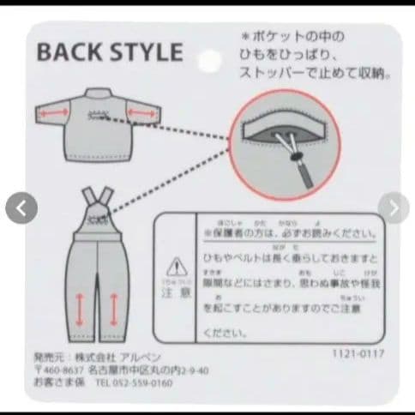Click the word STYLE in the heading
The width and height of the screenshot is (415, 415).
pos(147,52)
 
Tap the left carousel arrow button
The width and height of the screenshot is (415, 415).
pos(21,207)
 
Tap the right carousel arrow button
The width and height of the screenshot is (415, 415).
pos(394,207)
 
